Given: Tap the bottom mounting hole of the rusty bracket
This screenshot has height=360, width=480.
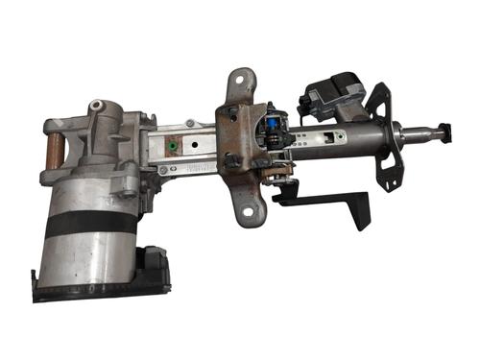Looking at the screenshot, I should [247, 207].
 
